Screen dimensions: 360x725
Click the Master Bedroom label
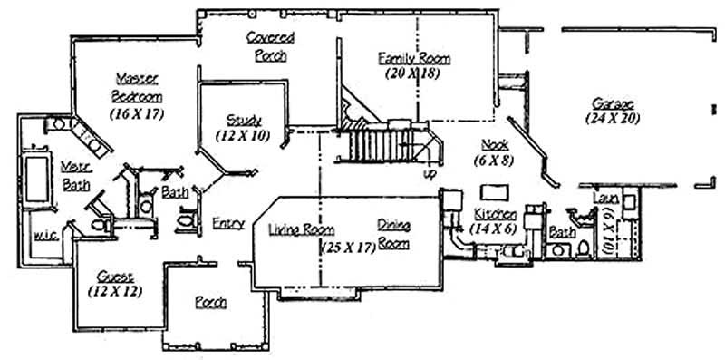[x=138, y=86]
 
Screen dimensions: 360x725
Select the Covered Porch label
[x=268, y=45]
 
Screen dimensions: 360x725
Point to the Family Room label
[x=413, y=58]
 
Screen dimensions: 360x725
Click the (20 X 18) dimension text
[x=411, y=73]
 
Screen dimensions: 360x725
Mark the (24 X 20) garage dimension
[x=612, y=118]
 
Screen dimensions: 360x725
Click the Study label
[x=245, y=120]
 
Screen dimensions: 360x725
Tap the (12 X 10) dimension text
[x=242, y=134]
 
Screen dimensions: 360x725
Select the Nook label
[x=495, y=144]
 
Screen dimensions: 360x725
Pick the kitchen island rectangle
[x=495, y=191]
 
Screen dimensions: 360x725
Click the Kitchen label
[x=496, y=214]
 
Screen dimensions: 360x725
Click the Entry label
[x=227, y=222]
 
